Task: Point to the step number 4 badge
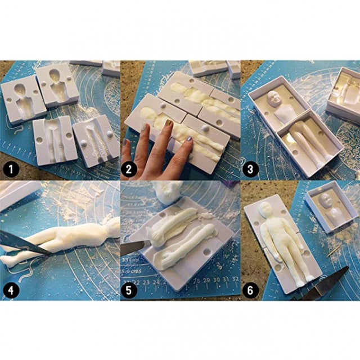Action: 10,290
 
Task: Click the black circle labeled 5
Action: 132,290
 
